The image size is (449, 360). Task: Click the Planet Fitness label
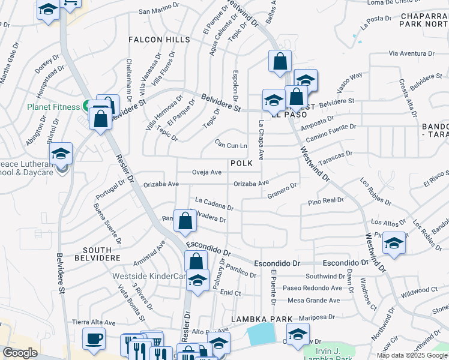(x=53, y=107)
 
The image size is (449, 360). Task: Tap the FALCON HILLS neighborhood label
(x=159, y=40)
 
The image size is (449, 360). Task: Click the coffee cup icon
(x=93, y=339)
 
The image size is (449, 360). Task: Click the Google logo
(x=20, y=353)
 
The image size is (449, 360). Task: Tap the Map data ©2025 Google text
(x=411, y=355)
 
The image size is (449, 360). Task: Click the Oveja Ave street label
(x=206, y=172)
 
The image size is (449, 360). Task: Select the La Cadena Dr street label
(x=214, y=204)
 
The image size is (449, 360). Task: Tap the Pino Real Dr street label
(x=325, y=200)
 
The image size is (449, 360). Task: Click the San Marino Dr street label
(x=160, y=11)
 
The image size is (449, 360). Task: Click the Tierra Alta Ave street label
(x=94, y=322)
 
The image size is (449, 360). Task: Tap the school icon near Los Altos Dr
(x=394, y=244)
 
